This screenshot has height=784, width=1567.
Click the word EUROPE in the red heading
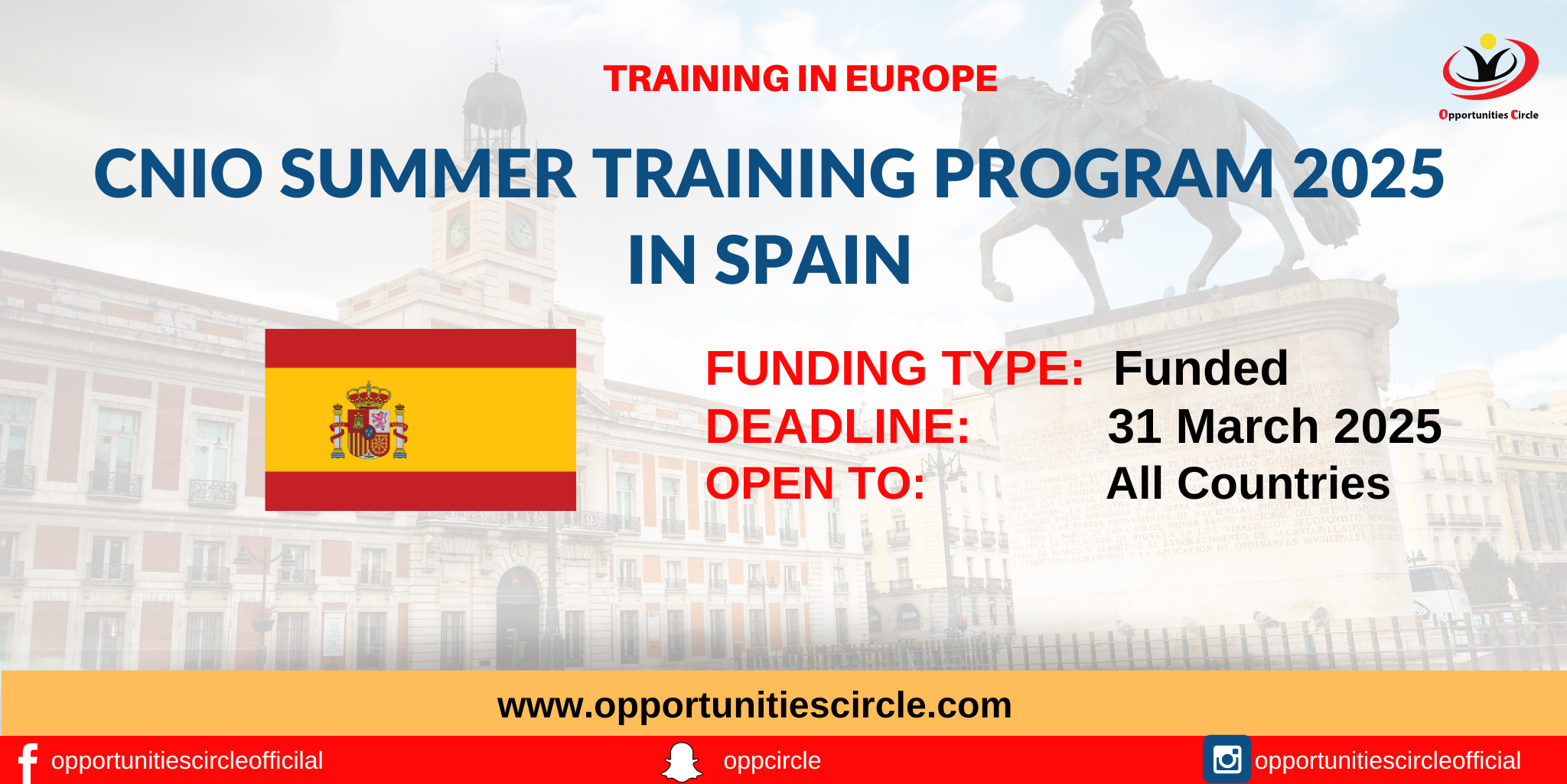[921, 79]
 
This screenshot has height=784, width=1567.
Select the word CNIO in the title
[178, 174]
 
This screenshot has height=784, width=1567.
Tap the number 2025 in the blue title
[1367, 174]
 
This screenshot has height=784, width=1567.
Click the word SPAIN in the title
[813, 261]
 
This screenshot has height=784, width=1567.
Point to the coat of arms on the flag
[369, 421]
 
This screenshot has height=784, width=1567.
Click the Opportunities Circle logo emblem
[1489, 69]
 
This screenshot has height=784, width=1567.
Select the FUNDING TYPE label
[894, 369]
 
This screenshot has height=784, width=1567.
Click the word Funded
[1200, 369]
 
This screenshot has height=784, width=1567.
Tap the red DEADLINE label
[837, 427]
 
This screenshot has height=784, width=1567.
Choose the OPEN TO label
[815, 484]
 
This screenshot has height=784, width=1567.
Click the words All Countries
[1248, 484]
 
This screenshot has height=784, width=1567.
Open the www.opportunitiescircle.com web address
[754, 705]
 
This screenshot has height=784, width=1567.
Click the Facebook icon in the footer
[28, 762]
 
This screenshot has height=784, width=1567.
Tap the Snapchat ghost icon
[681, 762]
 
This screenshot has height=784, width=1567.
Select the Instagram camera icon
[1227, 760]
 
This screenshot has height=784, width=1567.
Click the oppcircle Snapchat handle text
[771, 761]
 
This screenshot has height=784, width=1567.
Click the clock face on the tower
[520, 229]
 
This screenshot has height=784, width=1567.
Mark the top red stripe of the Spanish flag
[420, 349]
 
